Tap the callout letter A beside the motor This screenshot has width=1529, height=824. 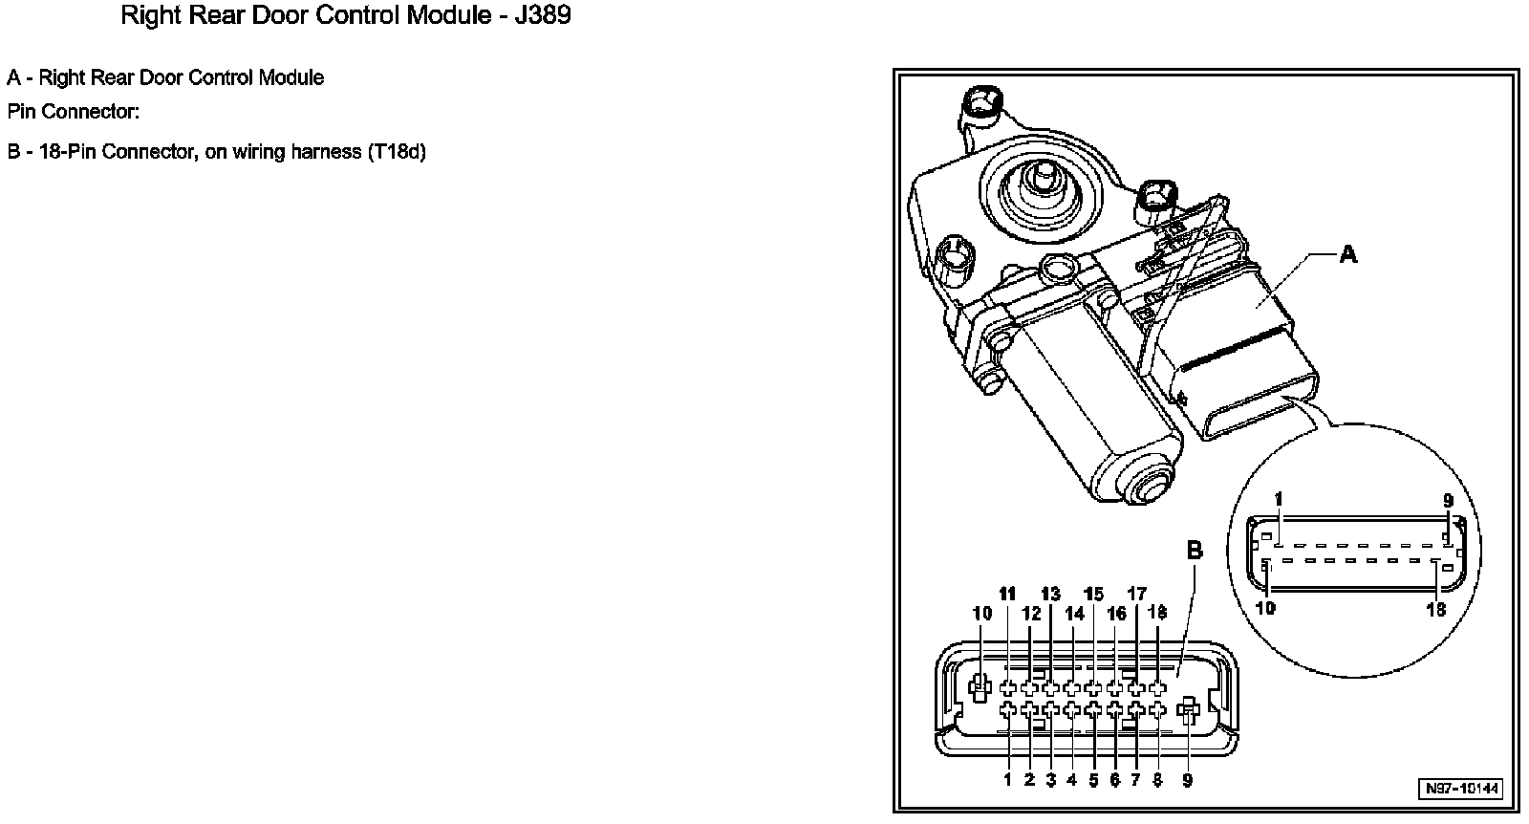coord(1347,254)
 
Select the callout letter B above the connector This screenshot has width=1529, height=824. coord(1195,551)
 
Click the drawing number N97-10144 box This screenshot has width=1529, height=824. coord(1462,789)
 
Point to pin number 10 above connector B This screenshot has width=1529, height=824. coord(982,614)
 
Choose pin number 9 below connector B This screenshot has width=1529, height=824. coord(1188,780)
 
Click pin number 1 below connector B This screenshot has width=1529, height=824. coord(1007,780)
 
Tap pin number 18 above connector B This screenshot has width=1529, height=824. coord(1157,613)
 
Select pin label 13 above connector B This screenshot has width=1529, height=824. coord(1050,595)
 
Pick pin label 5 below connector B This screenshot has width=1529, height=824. coord(1093,780)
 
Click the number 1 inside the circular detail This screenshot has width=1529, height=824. coord(1279,500)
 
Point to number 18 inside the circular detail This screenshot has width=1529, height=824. coord(1436,609)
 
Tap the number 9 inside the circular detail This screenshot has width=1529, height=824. coord(1448,500)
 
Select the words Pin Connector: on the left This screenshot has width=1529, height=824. coord(74,112)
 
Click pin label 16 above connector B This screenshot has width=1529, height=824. coord(1116,614)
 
